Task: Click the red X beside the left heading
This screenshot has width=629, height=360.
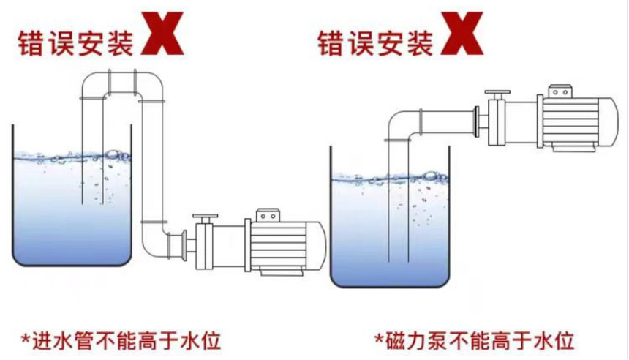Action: pos(162,34)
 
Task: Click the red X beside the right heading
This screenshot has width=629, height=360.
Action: pos(462,34)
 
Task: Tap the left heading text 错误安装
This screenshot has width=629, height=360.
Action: pos(75,43)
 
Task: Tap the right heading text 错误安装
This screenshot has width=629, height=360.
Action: pos(375,43)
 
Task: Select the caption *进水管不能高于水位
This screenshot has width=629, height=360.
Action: pos(121,341)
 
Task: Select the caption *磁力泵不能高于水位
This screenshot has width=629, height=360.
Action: pos(474,341)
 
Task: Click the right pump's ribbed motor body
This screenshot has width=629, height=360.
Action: pos(570,121)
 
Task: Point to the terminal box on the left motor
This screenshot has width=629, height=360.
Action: pos(268,215)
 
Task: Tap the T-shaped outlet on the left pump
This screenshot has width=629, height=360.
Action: pos(205,219)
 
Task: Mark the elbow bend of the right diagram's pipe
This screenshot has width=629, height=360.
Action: pos(401,124)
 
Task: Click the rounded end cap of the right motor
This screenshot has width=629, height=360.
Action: pos(609,121)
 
